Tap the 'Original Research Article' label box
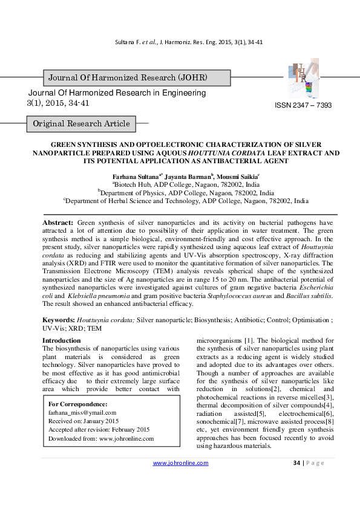click(x=81, y=124)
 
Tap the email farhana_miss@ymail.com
click(x=82, y=412)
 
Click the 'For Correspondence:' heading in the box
click(x=77, y=404)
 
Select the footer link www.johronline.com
click(x=180, y=463)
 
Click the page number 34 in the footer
click(x=296, y=463)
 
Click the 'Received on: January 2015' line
click(x=83, y=421)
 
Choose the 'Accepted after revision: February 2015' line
click(x=99, y=429)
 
